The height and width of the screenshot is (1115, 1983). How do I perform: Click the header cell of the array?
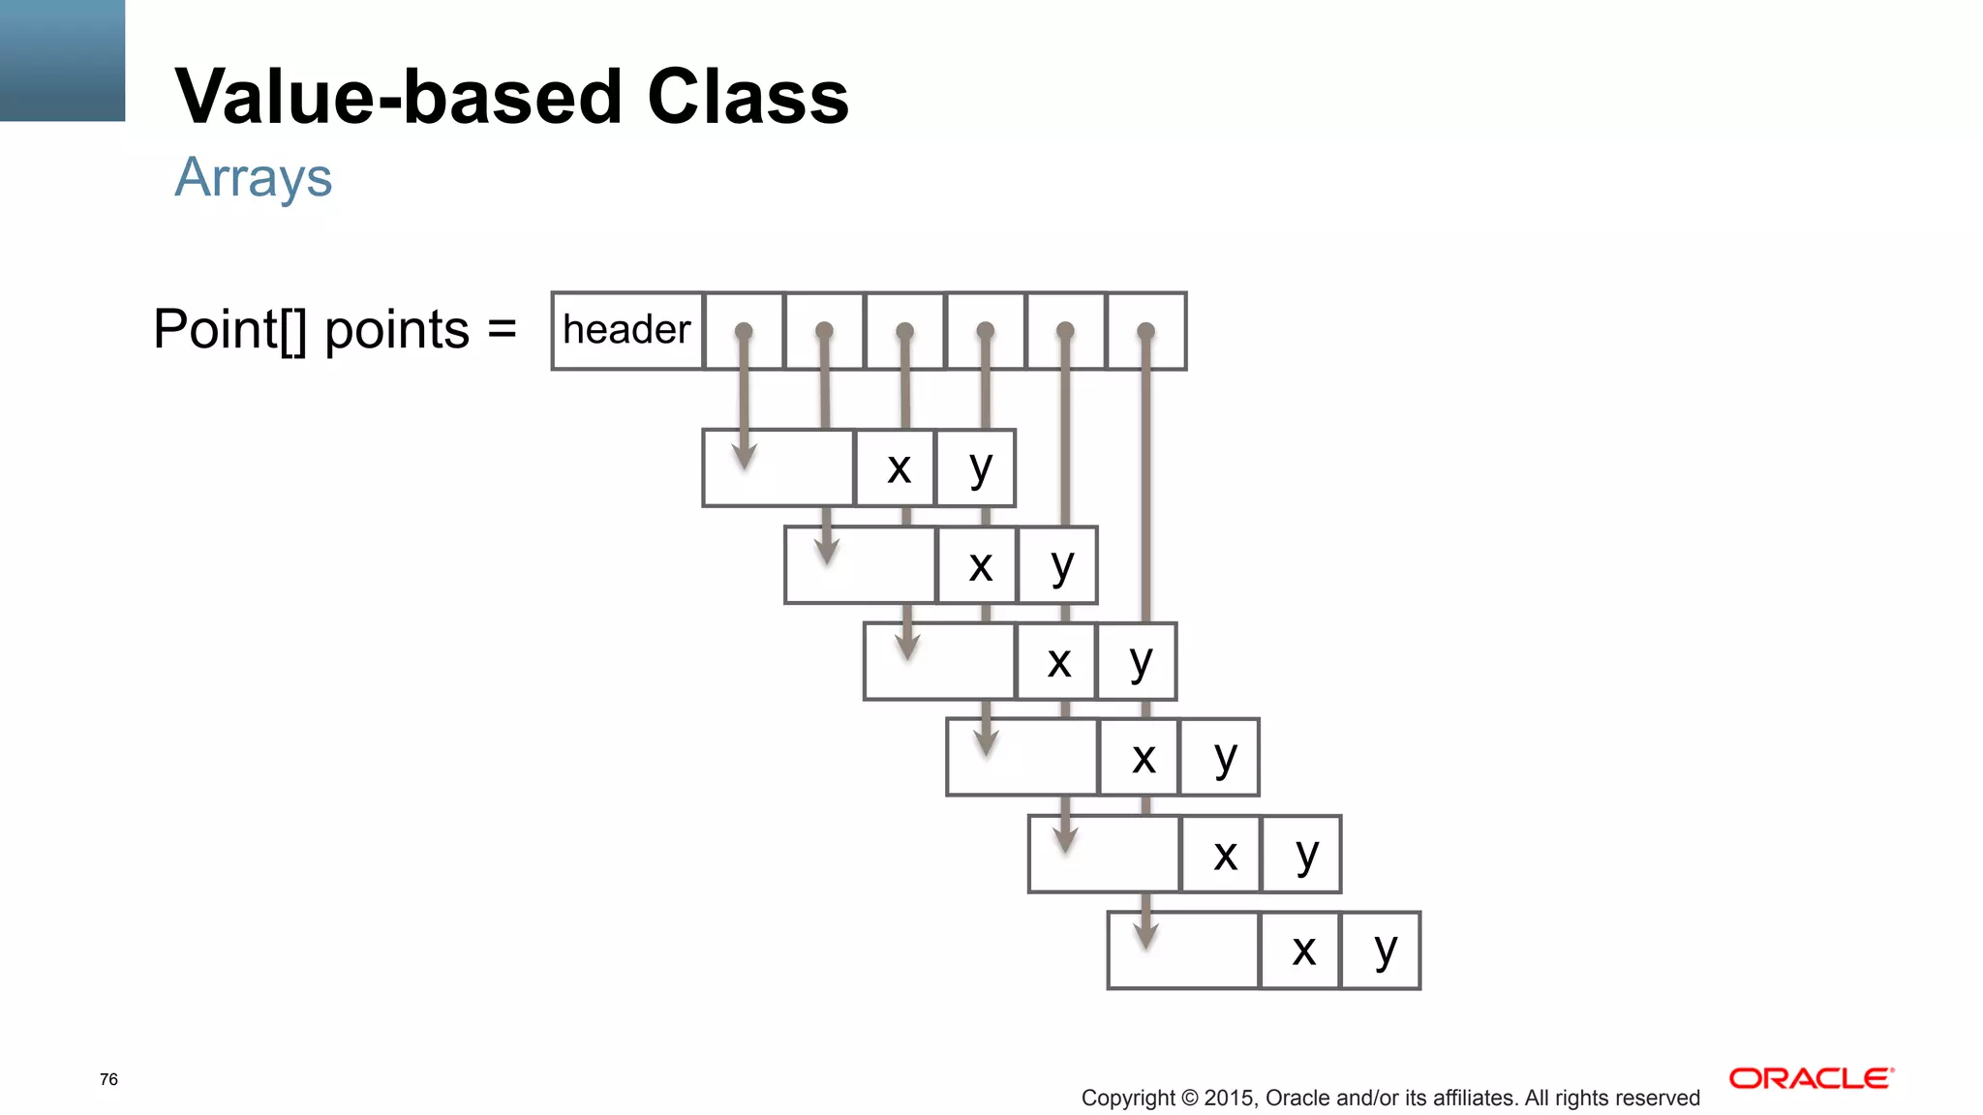pyautogui.click(x=626, y=330)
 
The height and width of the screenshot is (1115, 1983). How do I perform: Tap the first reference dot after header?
pyautogui.click(x=744, y=331)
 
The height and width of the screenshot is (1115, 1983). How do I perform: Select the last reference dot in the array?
pyautogui.click(x=1145, y=331)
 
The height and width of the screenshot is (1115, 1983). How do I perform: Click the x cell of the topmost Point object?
pyautogui.click(x=898, y=468)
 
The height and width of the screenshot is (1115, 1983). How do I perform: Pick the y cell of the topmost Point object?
pyautogui.click(x=978, y=468)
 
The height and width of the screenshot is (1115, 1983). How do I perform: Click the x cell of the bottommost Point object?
pyautogui.click(x=1302, y=950)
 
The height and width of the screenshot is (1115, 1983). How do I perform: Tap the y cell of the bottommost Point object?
pyautogui.click(x=1383, y=950)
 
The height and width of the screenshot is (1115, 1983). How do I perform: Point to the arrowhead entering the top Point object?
pyautogui.click(x=744, y=455)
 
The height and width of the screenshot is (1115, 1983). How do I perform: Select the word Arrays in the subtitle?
pyautogui.click(x=254, y=178)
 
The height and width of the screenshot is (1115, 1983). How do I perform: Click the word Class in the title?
pyautogui.click(x=747, y=97)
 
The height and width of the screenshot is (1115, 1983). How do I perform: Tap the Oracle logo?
pyautogui.click(x=1811, y=1078)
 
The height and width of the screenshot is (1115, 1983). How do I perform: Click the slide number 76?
pyautogui.click(x=108, y=1079)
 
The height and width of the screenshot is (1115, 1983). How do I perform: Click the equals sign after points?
pyautogui.click(x=502, y=329)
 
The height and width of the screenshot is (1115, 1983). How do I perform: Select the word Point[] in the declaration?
pyautogui.click(x=230, y=329)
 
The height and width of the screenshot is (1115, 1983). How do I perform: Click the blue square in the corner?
pyautogui.click(x=62, y=60)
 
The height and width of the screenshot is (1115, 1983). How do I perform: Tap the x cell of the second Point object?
pyautogui.click(x=979, y=565)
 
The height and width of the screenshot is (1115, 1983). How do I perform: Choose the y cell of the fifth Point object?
pyautogui.click(x=1303, y=854)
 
